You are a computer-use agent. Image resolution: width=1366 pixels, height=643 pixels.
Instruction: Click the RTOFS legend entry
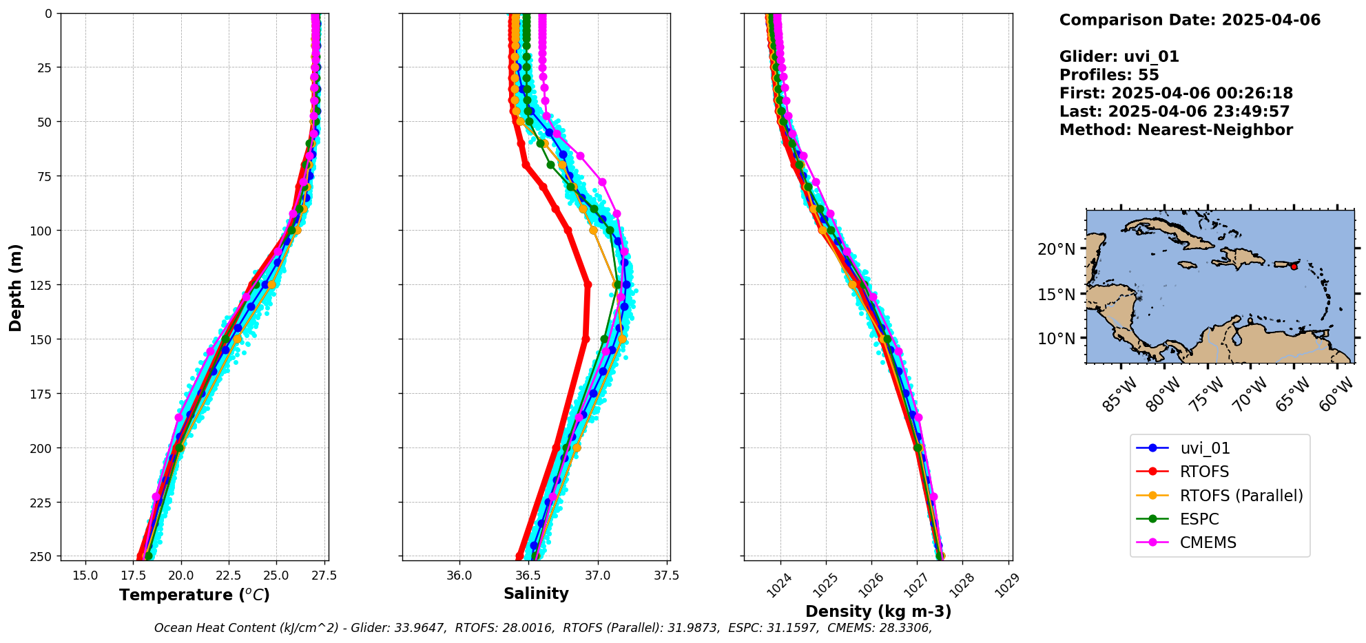pos(1204,472)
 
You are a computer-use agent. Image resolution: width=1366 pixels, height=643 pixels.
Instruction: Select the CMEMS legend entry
pos(1208,542)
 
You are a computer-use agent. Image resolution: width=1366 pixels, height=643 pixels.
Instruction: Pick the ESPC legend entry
pos(1199,519)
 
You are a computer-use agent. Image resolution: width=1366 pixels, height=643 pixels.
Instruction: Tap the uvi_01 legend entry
pos(1205,448)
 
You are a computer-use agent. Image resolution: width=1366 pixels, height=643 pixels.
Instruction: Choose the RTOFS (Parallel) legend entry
pos(1241,496)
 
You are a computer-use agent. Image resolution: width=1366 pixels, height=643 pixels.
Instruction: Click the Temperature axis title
pos(194,595)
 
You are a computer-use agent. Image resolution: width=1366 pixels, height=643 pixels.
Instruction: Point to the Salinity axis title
pos(536,594)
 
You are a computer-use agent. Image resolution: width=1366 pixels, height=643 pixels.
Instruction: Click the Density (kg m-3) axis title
pos(878,611)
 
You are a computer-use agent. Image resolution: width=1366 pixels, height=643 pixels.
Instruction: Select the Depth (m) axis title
pos(15,287)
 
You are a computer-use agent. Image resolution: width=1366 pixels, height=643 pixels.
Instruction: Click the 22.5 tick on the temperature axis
pos(228,576)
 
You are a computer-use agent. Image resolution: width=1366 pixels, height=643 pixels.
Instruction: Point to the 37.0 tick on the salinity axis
pos(597,576)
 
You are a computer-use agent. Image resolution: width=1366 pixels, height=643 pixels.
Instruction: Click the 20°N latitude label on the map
pos(1056,249)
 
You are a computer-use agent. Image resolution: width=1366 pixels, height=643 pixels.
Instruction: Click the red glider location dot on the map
pos(1294,266)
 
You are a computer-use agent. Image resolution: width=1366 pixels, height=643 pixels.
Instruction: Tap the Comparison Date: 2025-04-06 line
pos(1190,20)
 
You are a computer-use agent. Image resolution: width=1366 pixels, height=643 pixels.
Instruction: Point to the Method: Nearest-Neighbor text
pos(1176,130)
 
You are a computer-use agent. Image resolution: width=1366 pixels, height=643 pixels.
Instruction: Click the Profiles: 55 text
pos(1109,75)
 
